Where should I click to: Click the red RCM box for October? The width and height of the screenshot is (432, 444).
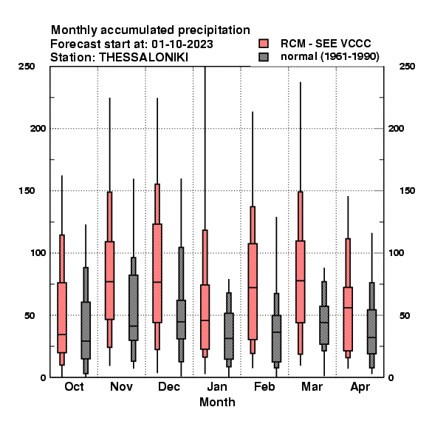click(x=62, y=317)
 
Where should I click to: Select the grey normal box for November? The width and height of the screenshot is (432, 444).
click(x=134, y=308)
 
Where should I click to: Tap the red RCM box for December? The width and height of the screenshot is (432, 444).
click(x=157, y=273)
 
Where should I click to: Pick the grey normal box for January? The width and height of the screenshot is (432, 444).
click(x=229, y=336)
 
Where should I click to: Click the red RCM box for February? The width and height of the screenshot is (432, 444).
click(x=253, y=292)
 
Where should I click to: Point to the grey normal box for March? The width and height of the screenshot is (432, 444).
click(x=324, y=325)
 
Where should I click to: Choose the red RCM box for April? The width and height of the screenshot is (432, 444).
click(x=348, y=319)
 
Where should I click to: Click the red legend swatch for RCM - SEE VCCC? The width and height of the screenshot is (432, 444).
click(x=264, y=44)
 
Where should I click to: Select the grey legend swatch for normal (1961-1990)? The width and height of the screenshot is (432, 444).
click(x=264, y=57)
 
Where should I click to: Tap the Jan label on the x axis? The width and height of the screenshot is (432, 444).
click(x=217, y=386)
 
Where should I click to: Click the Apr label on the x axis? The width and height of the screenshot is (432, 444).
click(x=360, y=387)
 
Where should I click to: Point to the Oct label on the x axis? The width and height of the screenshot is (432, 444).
click(x=74, y=386)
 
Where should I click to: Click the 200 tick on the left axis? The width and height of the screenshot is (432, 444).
click(x=38, y=129)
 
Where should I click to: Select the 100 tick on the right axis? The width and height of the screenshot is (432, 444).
click(x=396, y=253)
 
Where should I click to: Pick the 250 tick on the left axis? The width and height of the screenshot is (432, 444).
click(x=27, y=67)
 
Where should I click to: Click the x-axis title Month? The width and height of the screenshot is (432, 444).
click(x=217, y=403)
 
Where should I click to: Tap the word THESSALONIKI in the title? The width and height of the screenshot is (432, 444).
click(x=143, y=58)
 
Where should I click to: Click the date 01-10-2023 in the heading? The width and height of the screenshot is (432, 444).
click(x=182, y=44)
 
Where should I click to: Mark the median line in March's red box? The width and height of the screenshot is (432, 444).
click(x=301, y=280)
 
